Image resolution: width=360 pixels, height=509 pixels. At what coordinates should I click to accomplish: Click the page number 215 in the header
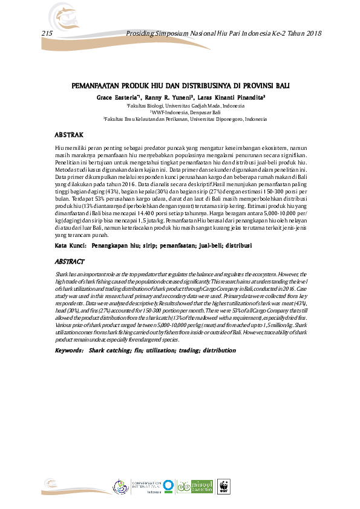click(47, 33)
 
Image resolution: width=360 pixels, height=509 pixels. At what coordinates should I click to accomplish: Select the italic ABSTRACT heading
click(70, 262)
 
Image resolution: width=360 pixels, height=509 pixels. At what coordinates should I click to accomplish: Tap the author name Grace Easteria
click(117, 97)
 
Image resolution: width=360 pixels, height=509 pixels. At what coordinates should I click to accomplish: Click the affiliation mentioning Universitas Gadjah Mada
click(182, 105)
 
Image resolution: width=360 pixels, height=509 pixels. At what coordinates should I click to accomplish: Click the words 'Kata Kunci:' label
click(69, 247)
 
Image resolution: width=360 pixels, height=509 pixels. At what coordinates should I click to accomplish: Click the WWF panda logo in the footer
click(224, 487)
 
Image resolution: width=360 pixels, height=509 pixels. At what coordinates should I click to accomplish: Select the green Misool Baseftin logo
click(198, 487)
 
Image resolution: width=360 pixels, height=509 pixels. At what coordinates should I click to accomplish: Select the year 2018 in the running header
click(310, 33)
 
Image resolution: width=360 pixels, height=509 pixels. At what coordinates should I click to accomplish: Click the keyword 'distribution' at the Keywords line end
click(220, 350)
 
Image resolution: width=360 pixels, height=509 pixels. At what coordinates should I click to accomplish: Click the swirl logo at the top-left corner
click(58, 13)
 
